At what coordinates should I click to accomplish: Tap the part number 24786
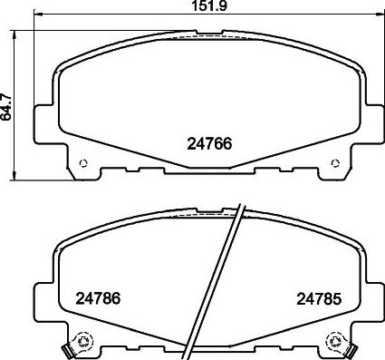pyautogui.click(x=96, y=297)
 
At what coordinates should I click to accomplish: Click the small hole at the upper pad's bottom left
pyautogui.click(x=84, y=163)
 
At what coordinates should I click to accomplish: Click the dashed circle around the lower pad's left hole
pyautogui.click(x=83, y=344)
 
